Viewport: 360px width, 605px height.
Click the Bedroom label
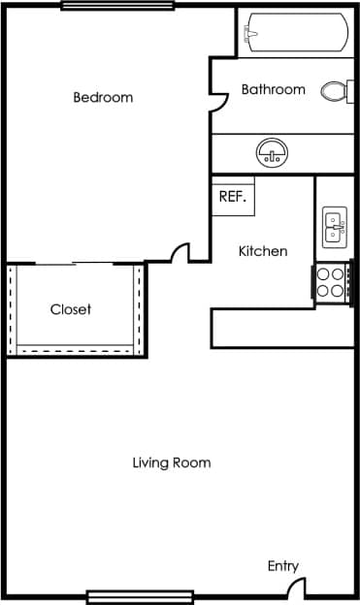103,97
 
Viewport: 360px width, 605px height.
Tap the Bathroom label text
273,89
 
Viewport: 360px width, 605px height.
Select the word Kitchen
263,251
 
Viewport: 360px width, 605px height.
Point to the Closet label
71,309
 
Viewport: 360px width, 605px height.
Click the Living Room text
172,462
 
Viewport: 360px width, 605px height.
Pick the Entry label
283,566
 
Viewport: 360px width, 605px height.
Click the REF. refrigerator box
233,195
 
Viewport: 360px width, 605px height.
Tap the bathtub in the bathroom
295,35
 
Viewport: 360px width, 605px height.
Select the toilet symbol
336,91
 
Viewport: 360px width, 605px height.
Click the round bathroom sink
271,152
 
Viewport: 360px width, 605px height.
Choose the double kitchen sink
334,227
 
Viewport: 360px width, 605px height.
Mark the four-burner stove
331,282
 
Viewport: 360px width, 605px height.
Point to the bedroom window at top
97,6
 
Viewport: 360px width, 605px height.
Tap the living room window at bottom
140,596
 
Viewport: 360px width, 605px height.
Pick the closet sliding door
75,263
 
